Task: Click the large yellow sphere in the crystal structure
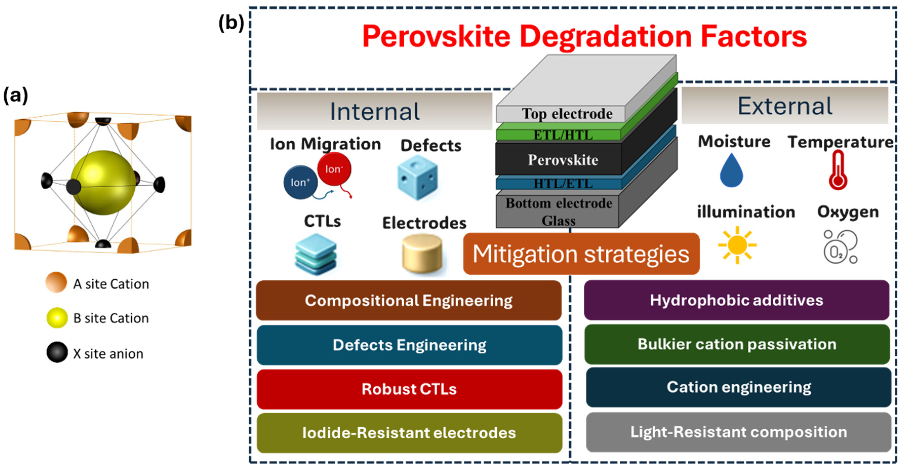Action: click(103, 183)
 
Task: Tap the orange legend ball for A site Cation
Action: click(56, 282)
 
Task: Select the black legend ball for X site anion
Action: click(57, 352)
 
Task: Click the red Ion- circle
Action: click(334, 169)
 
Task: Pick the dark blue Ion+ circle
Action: click(300, 182)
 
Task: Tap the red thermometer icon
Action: click(838, 171)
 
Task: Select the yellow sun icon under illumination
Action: click(737, 245)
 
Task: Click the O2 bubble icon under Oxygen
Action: click(840, 247)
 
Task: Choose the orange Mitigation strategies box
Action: click(581, 254)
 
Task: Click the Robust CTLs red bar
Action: click(409, 389)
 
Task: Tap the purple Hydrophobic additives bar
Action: click(736, 300)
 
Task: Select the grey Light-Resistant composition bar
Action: click(738, 432)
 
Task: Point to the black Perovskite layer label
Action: click(563, 160)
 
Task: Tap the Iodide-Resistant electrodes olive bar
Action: click(409, 433)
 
